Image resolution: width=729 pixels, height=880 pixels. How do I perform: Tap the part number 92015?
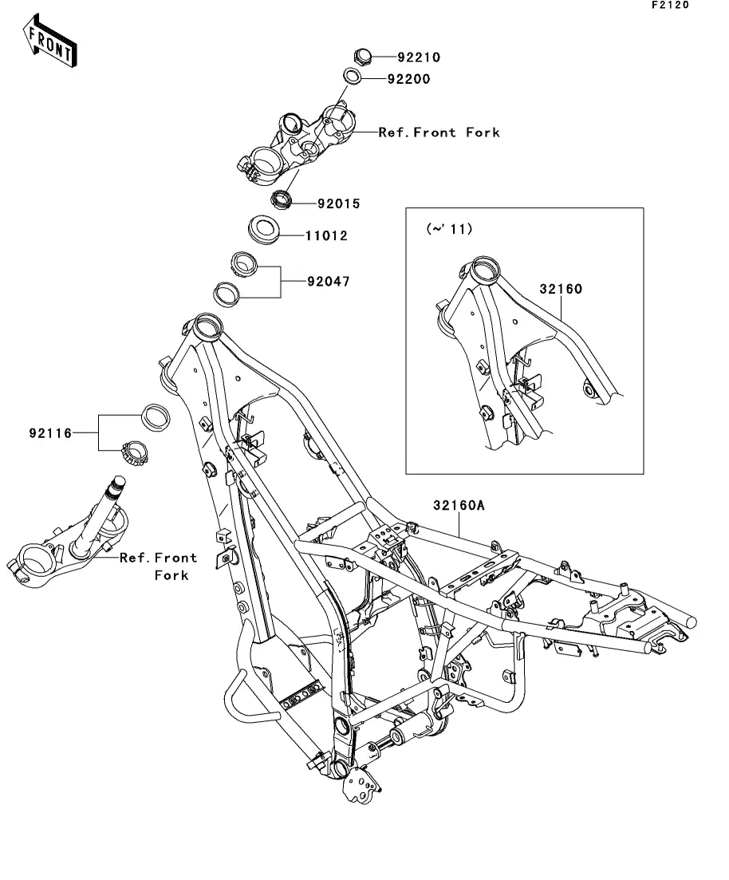tap(338, 204)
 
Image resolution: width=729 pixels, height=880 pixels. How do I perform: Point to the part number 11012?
tap(326, 236)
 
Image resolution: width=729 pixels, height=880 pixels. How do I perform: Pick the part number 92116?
tap(50, 433)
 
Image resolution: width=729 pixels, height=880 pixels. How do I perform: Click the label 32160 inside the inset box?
tap(560, 290)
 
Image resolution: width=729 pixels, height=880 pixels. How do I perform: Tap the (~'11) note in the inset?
tap(450, 229)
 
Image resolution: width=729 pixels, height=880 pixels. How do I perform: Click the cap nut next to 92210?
tap(362, 56)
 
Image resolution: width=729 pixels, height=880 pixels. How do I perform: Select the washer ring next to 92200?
tap(352, 77)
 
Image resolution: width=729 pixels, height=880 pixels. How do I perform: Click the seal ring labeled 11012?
tap(264, 227)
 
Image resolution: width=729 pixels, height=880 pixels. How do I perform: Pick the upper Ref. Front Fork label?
tap(439, 132)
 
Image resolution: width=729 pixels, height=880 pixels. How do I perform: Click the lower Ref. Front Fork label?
tap(159, 566)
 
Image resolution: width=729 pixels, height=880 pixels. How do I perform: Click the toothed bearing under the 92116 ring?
tap(135, 453)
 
